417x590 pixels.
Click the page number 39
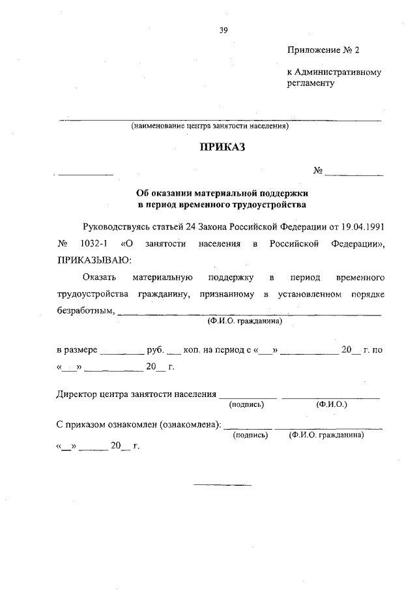click(x=223, y=29)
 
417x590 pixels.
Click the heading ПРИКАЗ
click(x=222, y=148)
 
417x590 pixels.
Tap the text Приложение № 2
click(x=323, y=50)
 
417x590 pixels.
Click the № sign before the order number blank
click(x=318, y=171)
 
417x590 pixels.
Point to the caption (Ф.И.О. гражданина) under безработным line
click(x=244, y=321)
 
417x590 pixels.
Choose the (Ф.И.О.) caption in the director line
click(x=332, y=405)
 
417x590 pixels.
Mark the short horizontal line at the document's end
click(x=222, y=484)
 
